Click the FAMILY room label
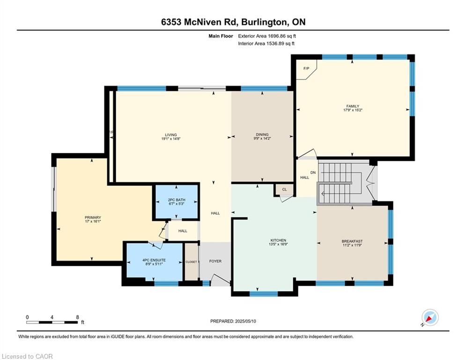click(x=353, y=106)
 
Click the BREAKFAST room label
click(x=352, y=241)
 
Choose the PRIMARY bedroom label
click(x=93, y=217)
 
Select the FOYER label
click(x=215, y=261)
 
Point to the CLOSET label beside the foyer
click(x=191, y=262)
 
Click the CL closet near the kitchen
click(x=284, y=189)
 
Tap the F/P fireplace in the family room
click(x=306, y=68)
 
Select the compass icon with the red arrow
click(x=430, y=318)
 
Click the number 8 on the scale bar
click(x=77, y=317)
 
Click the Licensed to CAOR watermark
click(x=28, y=356)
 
